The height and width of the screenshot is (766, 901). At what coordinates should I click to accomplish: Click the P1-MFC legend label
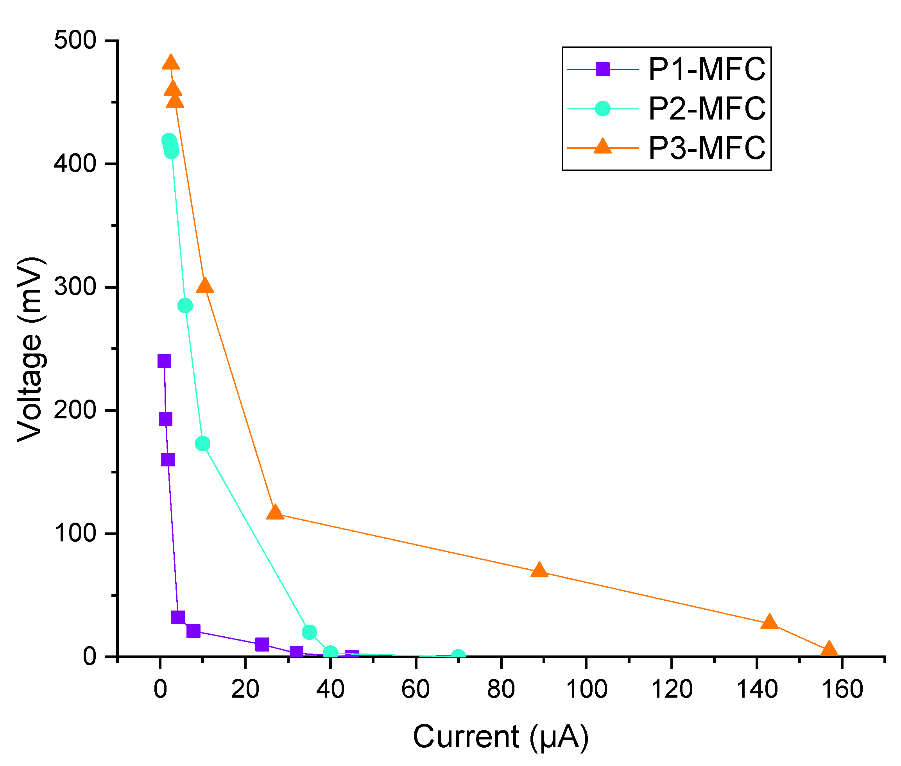coord(706,69)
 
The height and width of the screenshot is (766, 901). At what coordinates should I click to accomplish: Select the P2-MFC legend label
coord(706,108)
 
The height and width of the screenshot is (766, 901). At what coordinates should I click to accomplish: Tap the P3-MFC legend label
coord(706,148)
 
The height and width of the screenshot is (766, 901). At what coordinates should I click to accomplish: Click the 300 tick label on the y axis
coord(74,287)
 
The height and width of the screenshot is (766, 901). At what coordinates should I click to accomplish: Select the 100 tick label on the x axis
coord(586,689)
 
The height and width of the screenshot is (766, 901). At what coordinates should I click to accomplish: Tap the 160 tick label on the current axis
coord(842,689)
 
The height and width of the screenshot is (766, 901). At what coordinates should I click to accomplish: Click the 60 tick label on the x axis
coord(416,689)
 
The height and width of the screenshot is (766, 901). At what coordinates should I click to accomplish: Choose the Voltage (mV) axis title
coord(30,350)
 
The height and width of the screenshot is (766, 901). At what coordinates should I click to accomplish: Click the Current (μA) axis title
coord(500,737)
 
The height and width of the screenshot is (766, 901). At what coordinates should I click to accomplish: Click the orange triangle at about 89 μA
coord(539,570)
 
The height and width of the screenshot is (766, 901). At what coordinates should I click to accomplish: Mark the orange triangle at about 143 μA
coord(769,622)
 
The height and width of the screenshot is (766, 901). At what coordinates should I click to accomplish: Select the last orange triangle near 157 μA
coord(829,649)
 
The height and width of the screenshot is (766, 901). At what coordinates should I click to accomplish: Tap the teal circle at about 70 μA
coord(459,656)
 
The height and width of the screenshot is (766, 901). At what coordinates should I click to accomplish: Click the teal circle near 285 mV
coord(185,306)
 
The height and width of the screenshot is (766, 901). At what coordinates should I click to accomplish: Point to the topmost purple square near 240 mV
coord(164,361)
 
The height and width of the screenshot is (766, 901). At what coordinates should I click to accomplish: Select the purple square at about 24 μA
coord(262,644)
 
